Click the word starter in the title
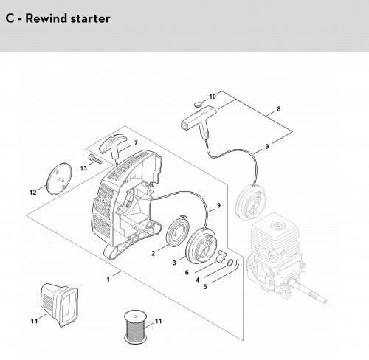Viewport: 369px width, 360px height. (90, 19)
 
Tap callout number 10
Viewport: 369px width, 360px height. (213, 97)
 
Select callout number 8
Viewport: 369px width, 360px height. (278, 109)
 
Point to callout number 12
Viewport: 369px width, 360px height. (32, 193)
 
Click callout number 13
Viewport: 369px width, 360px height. (83, 168)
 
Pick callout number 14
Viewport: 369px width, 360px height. (34, 321)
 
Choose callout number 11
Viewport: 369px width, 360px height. (159, 321)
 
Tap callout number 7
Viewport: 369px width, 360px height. (136, 143)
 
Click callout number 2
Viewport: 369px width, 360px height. (153, 253)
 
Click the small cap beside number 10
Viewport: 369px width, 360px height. (197, 105)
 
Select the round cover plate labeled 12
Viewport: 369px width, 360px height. (59, 179)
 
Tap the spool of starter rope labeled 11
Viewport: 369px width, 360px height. (136, 327)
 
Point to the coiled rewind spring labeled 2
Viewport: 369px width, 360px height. (176, 230)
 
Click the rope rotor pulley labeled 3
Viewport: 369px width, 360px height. (201, 246)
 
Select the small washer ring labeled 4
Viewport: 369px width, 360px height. (230, 263)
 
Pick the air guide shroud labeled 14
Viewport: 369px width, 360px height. (59, 305)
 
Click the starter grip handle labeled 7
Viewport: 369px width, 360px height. (112, 146)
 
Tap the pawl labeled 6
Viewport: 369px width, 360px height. (220, 257)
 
